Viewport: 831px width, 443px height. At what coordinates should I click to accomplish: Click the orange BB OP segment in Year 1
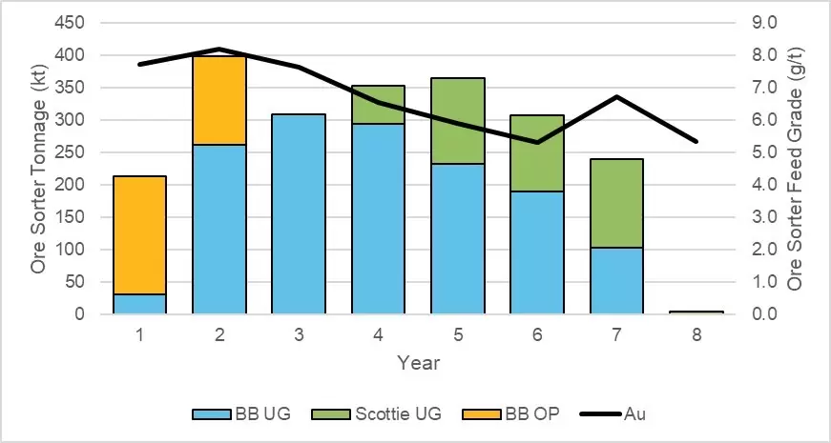pyautogui.click(x=139, y=235)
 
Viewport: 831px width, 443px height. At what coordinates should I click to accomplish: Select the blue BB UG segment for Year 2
pyautogui.click(x=219, y=230)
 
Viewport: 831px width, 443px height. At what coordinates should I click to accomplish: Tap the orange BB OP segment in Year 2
pyautogui.click(x=219, y=101)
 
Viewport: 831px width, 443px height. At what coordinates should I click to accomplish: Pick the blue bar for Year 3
pyautogui.click(x=299, y=214)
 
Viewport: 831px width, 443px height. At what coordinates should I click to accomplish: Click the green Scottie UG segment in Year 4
pyautogui.click(x=379, y=105)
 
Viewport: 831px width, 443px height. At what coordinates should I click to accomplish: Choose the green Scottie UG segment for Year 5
pyautogui.click(x=458, y=121)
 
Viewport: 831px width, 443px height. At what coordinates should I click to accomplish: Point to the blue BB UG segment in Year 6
pyautogui.click(x=537, y=252)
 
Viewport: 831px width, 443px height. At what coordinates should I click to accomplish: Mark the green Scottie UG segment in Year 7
pyautogui.click(x=616, y=203)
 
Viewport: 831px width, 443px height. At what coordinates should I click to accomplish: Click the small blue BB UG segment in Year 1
pyautogui.click(x=139, y=304)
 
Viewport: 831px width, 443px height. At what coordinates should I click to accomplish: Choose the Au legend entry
pyautogui.click(x=635, y=414)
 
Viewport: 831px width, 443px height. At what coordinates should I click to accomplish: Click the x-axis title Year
pyautogui.click(x=418, y=363)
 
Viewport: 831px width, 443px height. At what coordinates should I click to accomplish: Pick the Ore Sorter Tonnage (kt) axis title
pyautogui.click(x=39, y=168)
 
